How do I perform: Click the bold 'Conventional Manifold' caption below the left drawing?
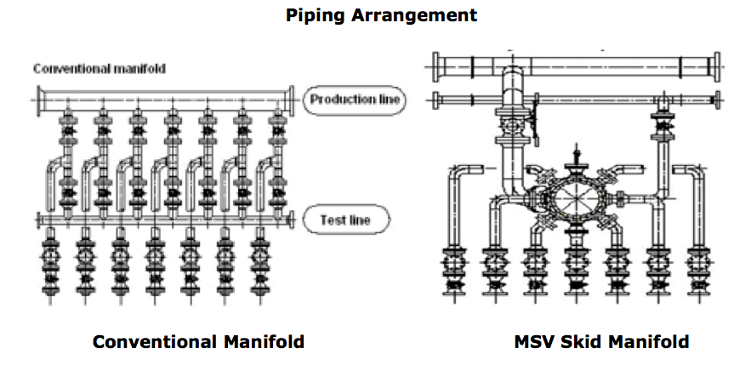click(198, 342)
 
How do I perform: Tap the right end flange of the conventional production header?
click(291, 99)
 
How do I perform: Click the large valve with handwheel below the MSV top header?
click(513, 124)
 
